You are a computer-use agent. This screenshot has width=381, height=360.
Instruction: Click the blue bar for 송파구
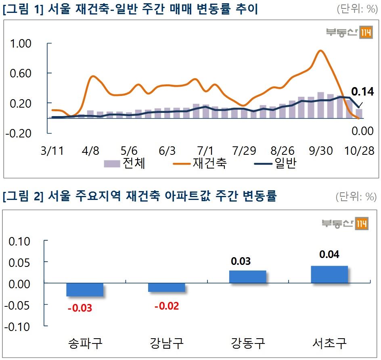pos(85,289)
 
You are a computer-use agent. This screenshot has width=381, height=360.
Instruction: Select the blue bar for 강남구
pos(166,287)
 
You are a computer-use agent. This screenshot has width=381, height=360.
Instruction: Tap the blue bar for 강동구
pos(247,277)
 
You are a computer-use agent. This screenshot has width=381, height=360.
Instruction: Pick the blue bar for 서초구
pos(329,274)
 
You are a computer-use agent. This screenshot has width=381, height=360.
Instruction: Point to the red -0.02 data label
pos(166,306)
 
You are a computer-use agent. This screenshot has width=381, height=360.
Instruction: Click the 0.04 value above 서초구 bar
pos(329,255)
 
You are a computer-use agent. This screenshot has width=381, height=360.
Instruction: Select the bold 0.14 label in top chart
pos(362,92)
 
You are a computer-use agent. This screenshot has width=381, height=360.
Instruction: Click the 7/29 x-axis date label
pos(245,151)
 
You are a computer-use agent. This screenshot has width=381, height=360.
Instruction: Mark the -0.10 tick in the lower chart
pos(17,327)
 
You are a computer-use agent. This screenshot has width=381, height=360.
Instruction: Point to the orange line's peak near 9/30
pos(320,51)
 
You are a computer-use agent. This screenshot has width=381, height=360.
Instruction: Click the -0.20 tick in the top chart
pos(18,133)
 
